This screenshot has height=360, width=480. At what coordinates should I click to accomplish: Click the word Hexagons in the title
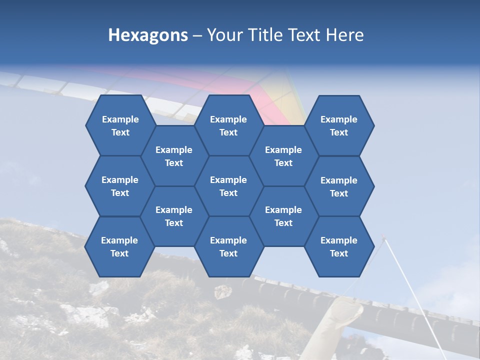(148, 35)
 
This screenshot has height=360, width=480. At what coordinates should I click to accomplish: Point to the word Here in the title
(344, 35)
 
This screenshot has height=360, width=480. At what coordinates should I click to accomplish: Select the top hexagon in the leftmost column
(120, 125)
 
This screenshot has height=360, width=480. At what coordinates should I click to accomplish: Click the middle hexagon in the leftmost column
(120, 186)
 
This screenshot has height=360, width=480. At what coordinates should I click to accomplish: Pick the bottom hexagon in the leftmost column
(119, 246)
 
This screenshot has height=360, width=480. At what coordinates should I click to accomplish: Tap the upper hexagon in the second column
(174, 156)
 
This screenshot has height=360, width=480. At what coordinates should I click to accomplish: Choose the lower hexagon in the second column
(174, 216)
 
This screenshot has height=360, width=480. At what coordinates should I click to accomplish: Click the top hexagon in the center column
(228, 125)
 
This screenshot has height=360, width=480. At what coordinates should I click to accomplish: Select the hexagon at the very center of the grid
(228, 186)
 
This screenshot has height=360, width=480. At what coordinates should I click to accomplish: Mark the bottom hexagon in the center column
(228, 246)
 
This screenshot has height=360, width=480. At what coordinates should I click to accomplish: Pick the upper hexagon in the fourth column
(283, 156)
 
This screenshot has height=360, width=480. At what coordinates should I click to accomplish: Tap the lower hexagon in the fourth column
(283, 216)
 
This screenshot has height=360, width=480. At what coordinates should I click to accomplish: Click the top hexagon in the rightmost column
(339, 125)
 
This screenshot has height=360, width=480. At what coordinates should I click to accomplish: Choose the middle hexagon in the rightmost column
(339, 186)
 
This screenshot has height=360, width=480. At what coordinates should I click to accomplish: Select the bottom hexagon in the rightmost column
(339, 246)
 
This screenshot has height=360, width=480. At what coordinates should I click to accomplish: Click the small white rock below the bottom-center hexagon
(222, 291)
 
